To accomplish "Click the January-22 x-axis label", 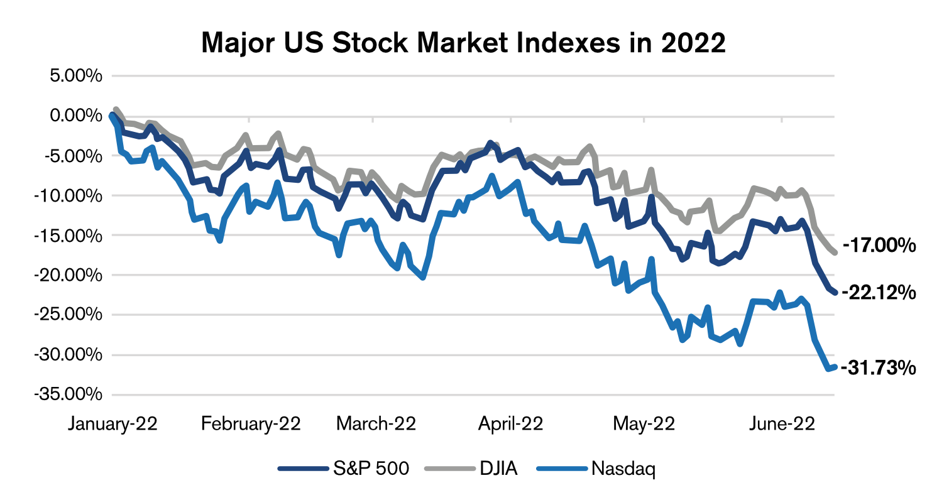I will coord(112,424).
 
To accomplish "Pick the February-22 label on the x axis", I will coord(251,424).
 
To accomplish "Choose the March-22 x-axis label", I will coord(376,424).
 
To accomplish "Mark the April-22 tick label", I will coord(511,424).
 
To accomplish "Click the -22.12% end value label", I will coord(879,292).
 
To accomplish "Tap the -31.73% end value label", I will coord(879,367).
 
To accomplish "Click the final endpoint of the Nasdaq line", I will coord(835,367).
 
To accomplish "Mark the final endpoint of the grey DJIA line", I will coord(835,253).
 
